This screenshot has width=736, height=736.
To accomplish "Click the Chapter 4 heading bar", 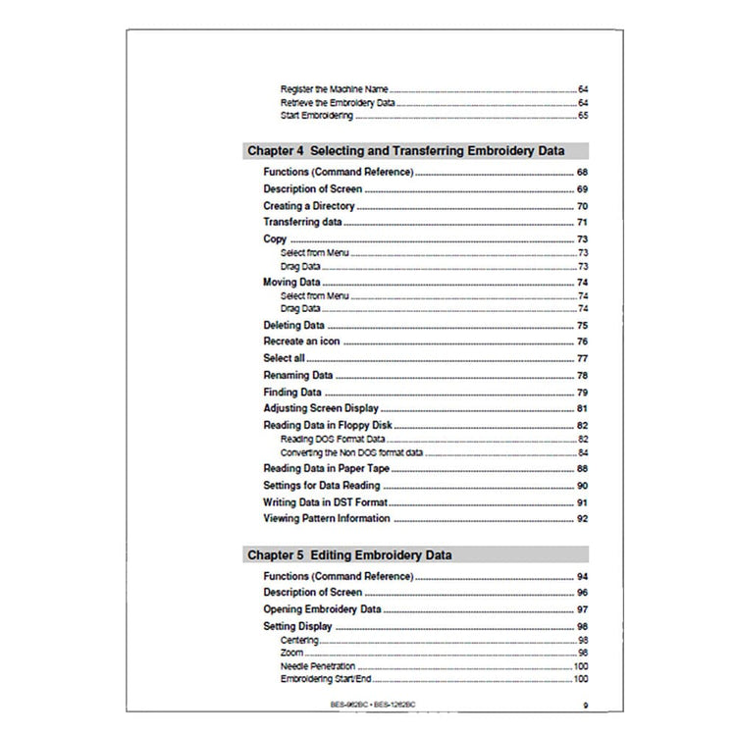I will point(416,151).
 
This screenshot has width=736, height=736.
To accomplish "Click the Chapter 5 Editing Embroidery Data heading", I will point(349,554).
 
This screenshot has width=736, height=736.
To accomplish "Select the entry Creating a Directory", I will point(309,206).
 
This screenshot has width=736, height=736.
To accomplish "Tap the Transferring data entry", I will point(302,223).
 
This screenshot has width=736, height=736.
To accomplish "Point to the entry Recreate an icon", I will point(302,342).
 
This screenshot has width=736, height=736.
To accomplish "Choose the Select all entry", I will point(285,358).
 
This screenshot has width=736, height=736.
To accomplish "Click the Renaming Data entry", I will point(298,375).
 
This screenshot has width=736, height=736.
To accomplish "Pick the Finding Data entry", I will point(293,392).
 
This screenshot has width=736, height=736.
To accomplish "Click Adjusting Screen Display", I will point(321,408).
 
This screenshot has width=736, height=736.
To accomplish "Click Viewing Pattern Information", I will point(327,518).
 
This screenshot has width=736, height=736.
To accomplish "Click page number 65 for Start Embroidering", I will point(582,116).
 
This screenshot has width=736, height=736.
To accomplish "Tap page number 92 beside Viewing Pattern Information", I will point(582,518).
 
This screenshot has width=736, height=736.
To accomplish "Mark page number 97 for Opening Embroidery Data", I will point(582,609).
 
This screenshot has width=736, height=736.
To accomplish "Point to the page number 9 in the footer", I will point(585,704).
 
